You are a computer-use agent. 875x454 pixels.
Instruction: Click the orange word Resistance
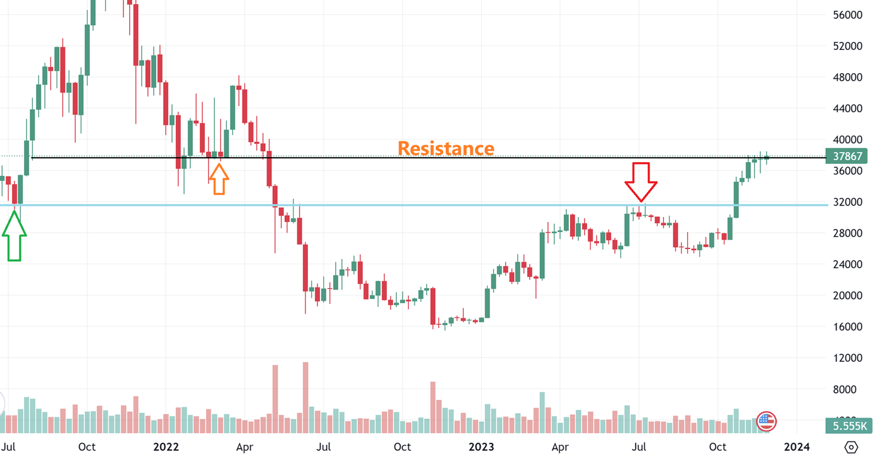tap(445, 148)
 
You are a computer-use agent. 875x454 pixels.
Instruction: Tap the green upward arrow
tap(14, 236)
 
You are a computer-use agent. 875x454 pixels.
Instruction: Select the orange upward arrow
tap(219, 178)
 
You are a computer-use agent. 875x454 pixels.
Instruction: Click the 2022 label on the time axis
tap(166, 447)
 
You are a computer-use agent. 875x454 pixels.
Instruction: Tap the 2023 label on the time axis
tap(481, 447)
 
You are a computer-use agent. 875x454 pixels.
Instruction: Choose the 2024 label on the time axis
tap(796, 447)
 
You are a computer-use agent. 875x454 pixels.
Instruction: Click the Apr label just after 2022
tap(244, 447)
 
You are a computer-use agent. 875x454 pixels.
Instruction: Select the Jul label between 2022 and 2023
tap(324, 447)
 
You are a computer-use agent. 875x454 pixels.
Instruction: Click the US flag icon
tap(767, 421)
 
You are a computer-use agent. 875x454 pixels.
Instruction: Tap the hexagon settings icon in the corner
tap(851, 447)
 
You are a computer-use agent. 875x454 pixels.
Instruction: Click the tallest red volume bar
tap(306, 397)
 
